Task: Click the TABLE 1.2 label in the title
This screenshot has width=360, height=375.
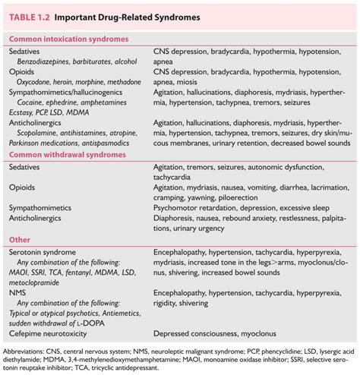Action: (33, 16)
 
